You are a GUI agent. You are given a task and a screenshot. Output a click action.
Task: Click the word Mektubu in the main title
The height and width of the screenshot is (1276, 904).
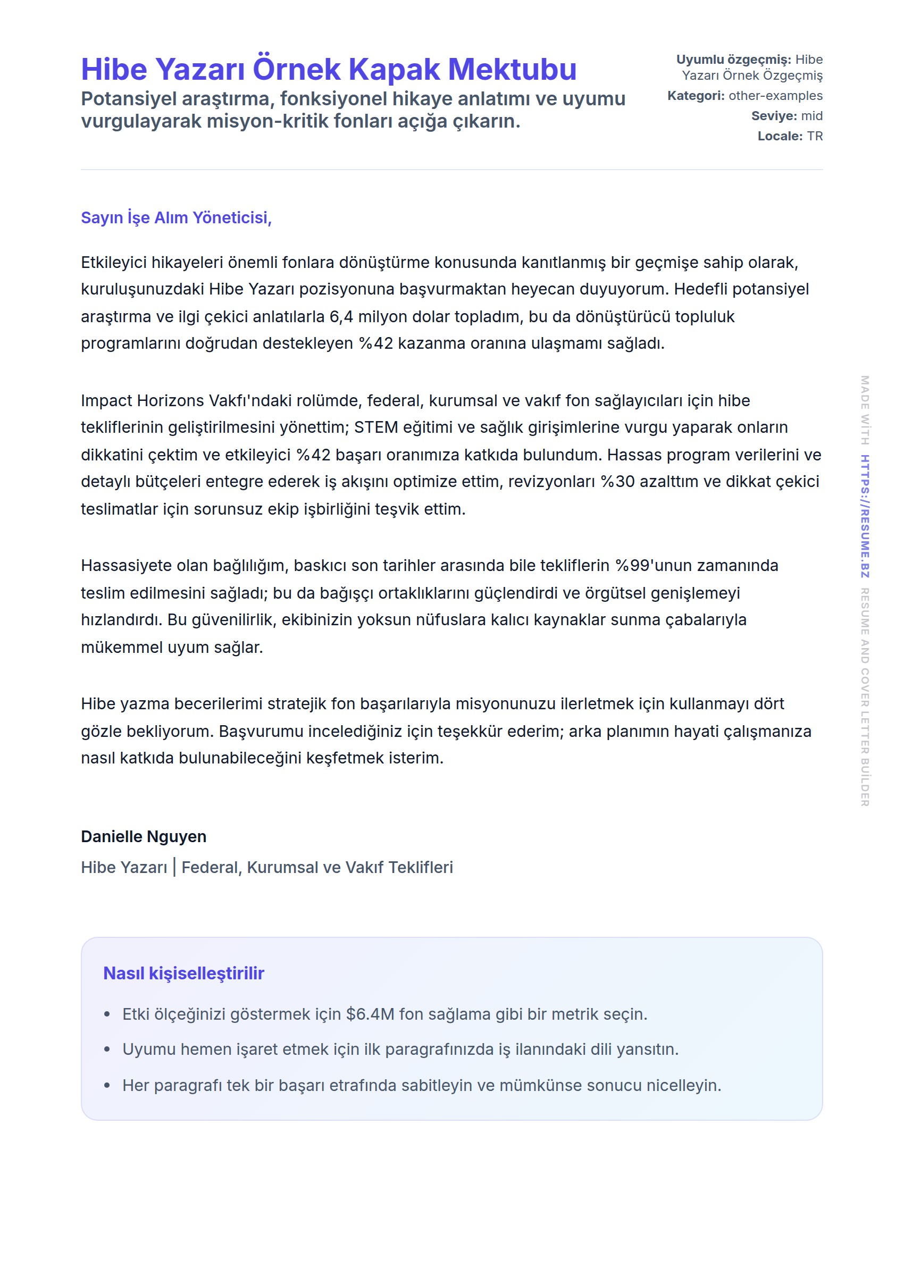tap(512, 70)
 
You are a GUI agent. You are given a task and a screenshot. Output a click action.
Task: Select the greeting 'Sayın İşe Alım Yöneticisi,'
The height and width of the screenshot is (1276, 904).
tap(176, 217)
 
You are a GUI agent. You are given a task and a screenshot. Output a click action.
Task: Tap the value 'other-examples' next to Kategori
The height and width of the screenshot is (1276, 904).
tap(775, 96)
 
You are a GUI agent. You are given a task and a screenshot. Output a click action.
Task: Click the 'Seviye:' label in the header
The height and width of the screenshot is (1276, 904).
tap(774, 116)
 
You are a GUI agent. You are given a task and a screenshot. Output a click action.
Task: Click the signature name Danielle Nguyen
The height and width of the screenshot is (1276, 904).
tap(144, 836)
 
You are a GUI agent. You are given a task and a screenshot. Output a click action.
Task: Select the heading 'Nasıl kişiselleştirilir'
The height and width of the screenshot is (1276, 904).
tap(183, 973)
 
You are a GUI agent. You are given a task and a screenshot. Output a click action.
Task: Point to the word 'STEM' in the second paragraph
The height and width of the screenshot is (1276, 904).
tap(376, 427)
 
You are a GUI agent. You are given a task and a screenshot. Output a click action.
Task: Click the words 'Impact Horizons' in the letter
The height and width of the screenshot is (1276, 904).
tap(142, 401)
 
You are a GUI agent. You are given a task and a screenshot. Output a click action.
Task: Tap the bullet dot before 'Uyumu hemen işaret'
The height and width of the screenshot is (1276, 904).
tap(107, 1050)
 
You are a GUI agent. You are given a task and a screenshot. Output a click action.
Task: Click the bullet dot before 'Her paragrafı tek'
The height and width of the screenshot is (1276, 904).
tap(107, 1086)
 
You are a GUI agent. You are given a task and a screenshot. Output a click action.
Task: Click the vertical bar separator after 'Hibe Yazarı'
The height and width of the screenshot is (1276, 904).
tap(174, 867)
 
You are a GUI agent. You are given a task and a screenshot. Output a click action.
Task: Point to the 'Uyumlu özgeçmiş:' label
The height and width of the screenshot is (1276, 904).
tap(733, 60)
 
